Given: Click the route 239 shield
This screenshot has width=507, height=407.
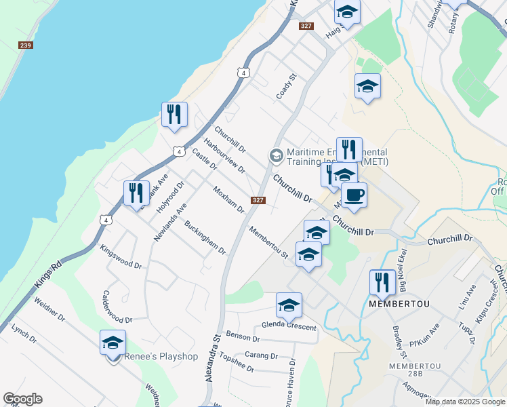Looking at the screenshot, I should [x=26, y=45].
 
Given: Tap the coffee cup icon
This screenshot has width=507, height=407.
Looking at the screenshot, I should [x=354, y=195].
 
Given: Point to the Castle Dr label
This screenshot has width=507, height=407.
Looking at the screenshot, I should [x=203, y=160].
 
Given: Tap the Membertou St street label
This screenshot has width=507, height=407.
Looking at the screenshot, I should [x=269, y=242].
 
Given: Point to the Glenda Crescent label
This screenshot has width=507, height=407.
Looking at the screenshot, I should [x=289, y=326].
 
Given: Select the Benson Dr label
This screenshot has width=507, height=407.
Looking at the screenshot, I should [x=243, y=336].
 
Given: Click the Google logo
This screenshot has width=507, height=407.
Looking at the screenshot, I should [x=22, y=399].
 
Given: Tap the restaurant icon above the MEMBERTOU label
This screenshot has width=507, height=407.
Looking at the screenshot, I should [x=382, y=282].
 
